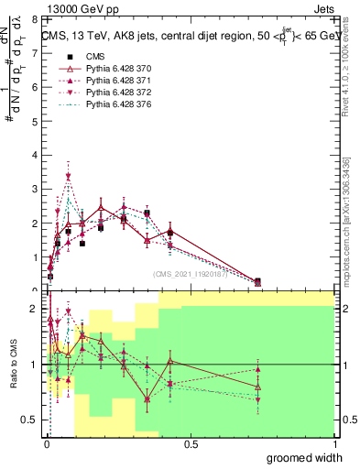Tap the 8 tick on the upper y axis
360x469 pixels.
point(34,19)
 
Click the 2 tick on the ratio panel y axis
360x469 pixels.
point(34,309)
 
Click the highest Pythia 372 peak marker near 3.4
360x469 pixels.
point(69,176)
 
